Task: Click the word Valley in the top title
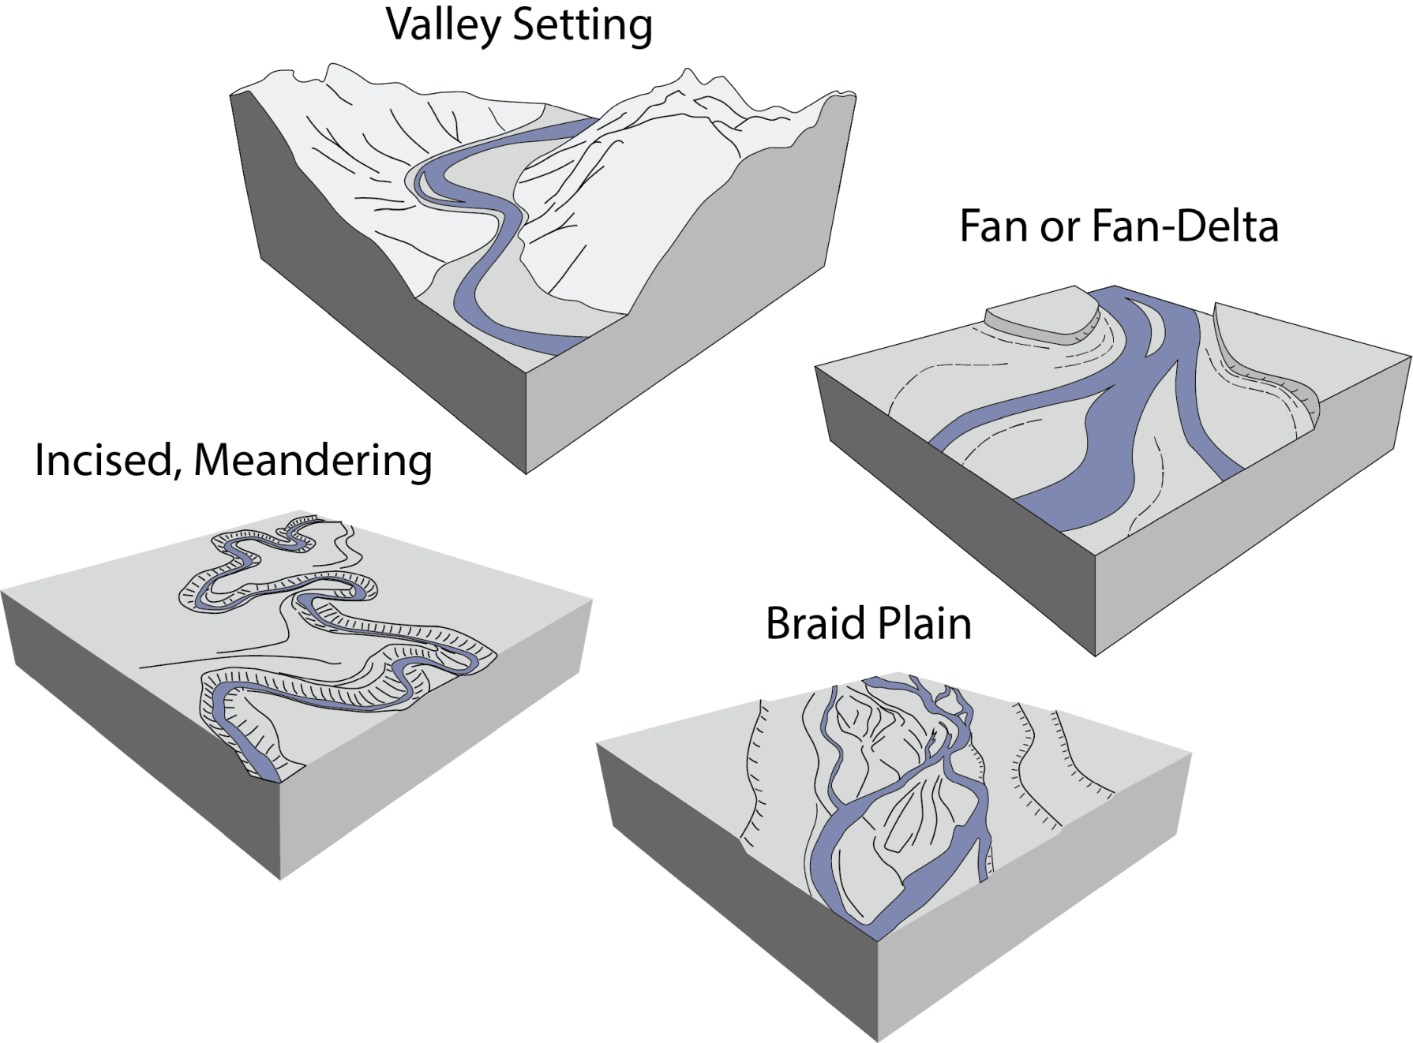point(443,25)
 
